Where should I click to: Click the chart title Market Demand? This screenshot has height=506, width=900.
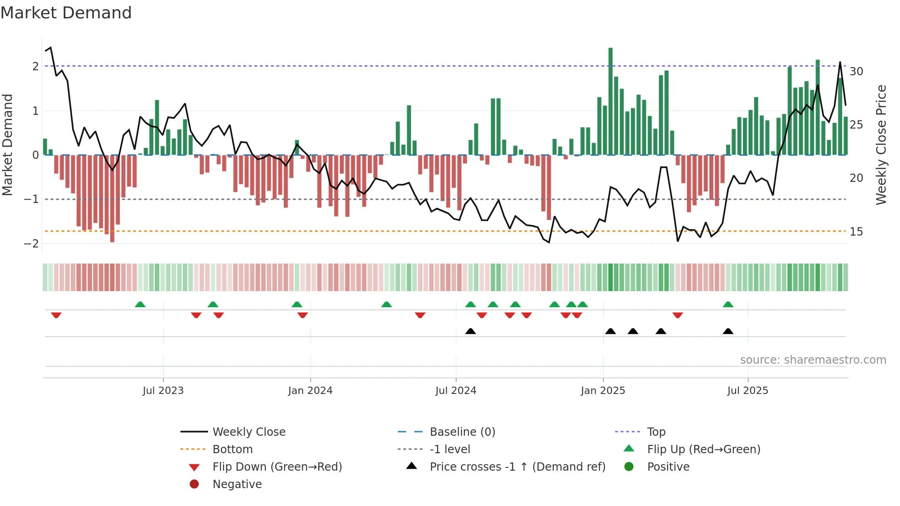66,13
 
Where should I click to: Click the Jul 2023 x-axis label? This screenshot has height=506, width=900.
163,391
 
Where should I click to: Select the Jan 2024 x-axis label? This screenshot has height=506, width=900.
310,391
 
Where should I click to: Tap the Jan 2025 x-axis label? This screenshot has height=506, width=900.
602,391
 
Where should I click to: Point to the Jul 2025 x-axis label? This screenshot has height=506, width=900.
748,391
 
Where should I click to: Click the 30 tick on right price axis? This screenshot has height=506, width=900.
856,72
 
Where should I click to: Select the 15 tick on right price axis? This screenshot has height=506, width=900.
856,232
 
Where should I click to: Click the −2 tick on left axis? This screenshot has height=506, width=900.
31,244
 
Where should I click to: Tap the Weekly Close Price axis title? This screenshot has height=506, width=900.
881,145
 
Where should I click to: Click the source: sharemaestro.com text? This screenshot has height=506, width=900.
813,360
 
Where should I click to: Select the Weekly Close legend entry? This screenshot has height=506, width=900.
248,432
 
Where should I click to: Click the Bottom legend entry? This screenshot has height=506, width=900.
232,450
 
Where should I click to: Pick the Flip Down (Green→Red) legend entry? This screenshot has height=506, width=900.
277,467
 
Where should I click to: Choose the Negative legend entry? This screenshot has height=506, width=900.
237,484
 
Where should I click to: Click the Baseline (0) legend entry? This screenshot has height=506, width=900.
462,432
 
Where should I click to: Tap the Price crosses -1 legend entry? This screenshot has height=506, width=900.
517,467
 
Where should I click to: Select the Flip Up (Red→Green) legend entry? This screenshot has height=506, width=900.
703,450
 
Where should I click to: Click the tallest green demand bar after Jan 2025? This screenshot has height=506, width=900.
610,101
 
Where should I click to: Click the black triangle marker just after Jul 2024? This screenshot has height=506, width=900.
470,331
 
